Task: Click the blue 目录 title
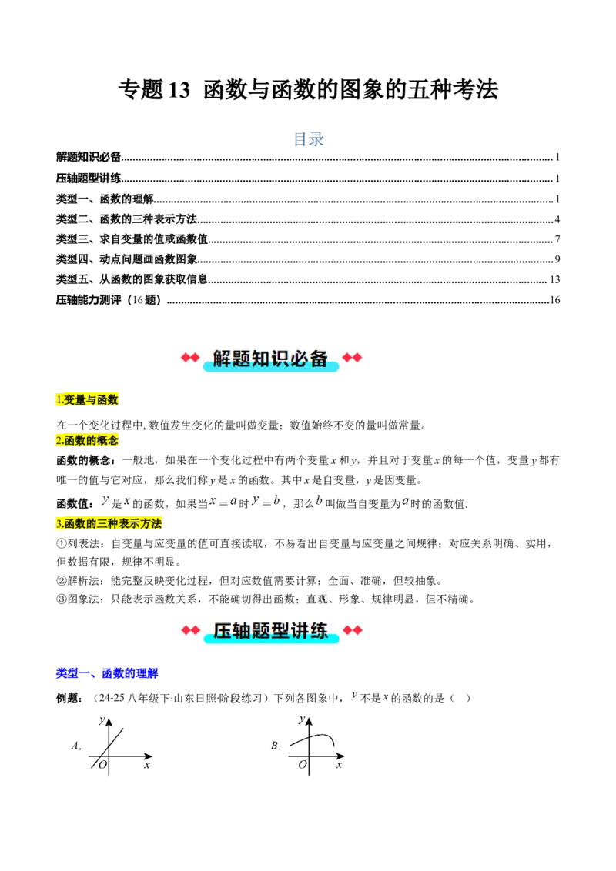pos(308,138)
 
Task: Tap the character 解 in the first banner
pos(222,358)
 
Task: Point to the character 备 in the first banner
pos(320,358)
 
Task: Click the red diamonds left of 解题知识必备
pos(189,358)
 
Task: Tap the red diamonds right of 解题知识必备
pos(352,358)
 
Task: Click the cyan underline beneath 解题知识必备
pos(271,368)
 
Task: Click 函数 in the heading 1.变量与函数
pos(108,399)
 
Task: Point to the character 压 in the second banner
pos(222,631)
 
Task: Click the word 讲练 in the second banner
pos(310,631)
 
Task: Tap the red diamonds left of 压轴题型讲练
pos(189,631)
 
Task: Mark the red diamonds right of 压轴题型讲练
pos(352,631)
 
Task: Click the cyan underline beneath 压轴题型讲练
pos(271,640)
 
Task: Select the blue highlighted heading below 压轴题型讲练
pos(107,674)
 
